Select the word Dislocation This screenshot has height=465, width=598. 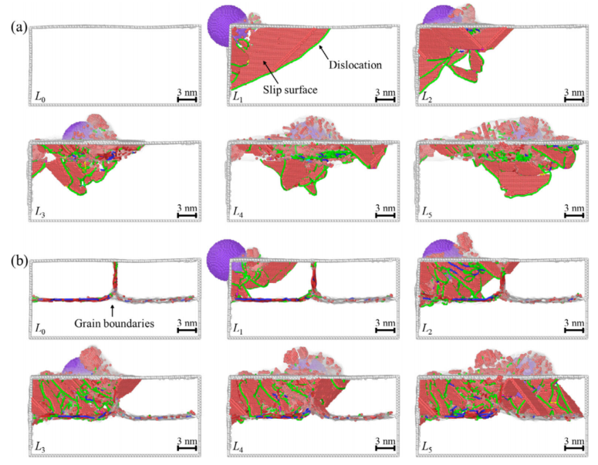click(356, 65)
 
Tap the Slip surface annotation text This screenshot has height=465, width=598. click(290, 90)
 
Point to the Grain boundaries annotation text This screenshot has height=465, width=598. click(114, 324)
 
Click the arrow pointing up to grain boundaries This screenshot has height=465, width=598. click(112, 310)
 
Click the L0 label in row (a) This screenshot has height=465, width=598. click(40, 97)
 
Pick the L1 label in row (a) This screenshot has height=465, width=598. click(238, 97)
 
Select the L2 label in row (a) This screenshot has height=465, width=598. click(427, 97)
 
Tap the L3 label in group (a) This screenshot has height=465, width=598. click(40, 212)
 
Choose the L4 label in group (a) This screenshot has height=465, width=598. click(238, 212)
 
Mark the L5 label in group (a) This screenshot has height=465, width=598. click(427, 212)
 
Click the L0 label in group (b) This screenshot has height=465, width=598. click(40, 329)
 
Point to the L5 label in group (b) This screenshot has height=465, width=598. click(427, 446)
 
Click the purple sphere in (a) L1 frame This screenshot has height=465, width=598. click(227, 25)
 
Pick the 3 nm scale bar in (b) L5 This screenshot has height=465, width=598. click(574, 445)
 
